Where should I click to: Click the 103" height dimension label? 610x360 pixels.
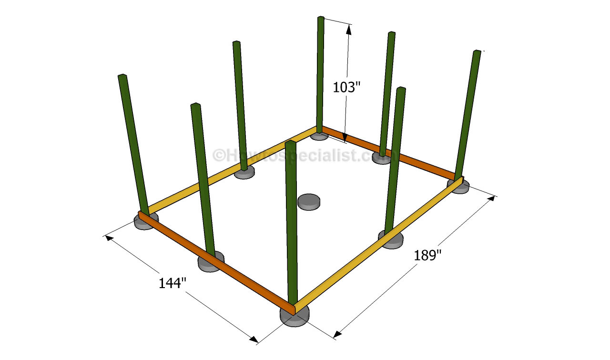[346, 87]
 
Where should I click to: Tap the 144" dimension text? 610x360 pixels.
[173, 283]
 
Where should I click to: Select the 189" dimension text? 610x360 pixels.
[427, 255]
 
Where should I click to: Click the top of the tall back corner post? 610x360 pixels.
[321, 18]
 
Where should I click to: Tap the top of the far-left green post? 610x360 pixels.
[122, 76]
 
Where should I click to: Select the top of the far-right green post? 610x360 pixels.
[477, 52]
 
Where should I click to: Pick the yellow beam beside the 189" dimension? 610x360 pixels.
[378, 245]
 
